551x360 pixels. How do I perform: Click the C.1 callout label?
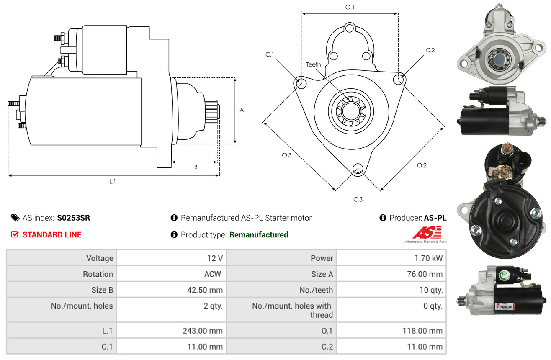pos(269,54)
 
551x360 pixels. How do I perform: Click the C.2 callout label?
pos(430,50)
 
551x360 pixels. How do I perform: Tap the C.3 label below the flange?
pos(358,199)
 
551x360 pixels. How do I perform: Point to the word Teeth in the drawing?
pos(313,64)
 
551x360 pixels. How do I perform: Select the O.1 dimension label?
pos(350,7)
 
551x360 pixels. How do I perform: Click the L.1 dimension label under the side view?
pos(113,181)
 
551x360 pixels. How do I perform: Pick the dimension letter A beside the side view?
pos(242,111)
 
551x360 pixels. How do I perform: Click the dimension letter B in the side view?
pos(196,167)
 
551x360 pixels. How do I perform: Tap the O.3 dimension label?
pos(286,155)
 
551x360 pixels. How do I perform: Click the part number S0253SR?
pos(73,218)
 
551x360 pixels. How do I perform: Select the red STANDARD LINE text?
pos(52,235)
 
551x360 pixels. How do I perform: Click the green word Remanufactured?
pos(259,235)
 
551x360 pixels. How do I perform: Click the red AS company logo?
pos(427,233)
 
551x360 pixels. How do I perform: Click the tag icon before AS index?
pos(15,218)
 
